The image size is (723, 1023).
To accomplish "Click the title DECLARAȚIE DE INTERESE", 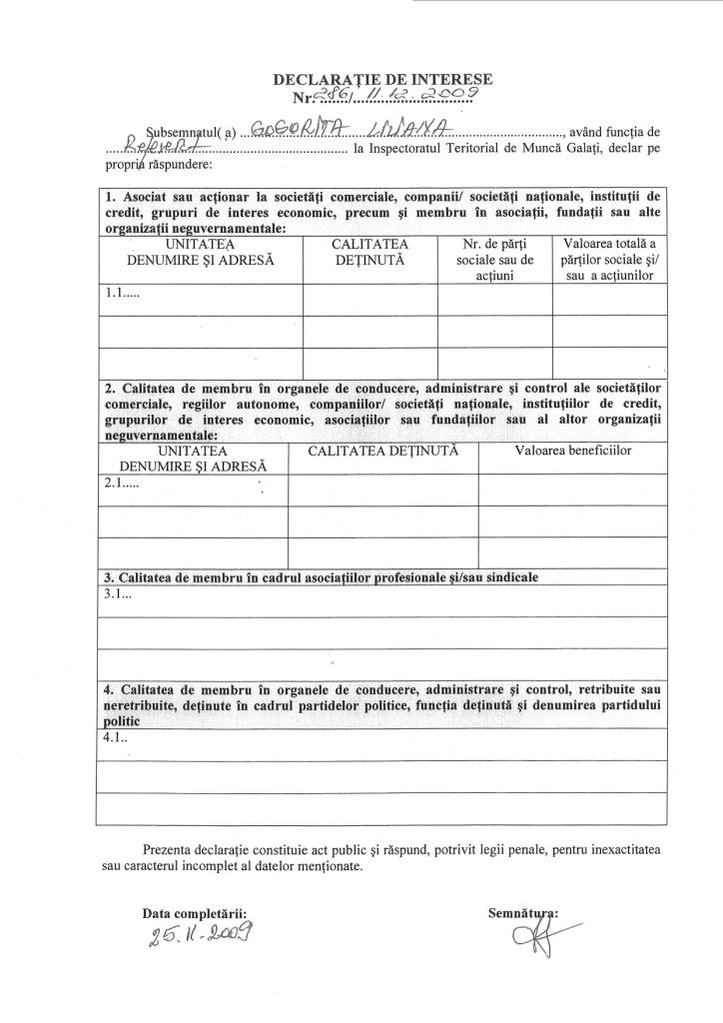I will click(x=384, y=78).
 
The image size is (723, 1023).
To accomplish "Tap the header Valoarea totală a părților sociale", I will click(x=609, y=259).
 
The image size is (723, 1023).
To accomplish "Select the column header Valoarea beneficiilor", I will click(x=573, y=452).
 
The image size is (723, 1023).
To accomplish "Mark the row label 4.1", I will click(x=117, y=739).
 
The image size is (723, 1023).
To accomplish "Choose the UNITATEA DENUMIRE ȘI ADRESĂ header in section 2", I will click(x=193, y=459).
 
